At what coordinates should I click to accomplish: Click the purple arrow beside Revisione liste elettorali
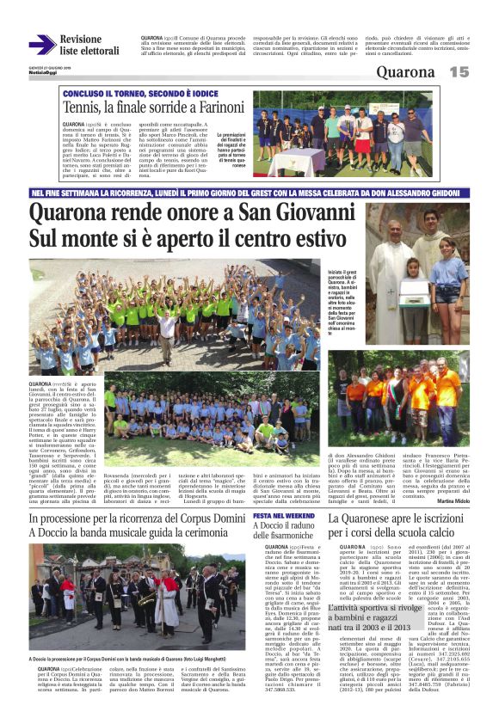(41, 45)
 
